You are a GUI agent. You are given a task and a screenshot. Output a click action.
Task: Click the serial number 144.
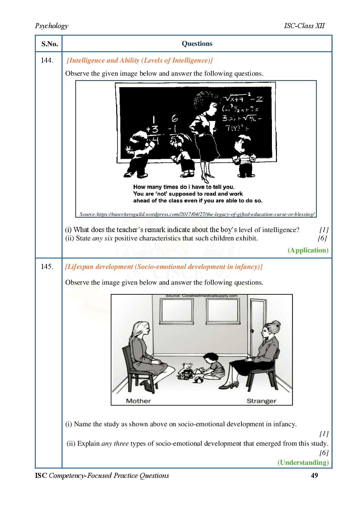tap(47, 60)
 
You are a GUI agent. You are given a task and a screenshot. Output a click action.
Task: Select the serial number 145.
tap(47, 267)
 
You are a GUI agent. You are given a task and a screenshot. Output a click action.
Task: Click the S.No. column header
tap(50, 44)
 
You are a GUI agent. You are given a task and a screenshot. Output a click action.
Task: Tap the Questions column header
tap(197, 44)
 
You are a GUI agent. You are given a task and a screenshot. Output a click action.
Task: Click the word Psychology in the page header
tap(52, 26)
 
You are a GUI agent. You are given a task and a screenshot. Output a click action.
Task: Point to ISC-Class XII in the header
tap(304, 26)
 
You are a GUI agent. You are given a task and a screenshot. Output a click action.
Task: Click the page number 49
tap(314, 476)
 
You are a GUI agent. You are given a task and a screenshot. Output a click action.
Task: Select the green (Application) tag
tap(308, 250)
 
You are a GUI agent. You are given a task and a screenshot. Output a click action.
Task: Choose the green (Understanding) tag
tap(303, 462)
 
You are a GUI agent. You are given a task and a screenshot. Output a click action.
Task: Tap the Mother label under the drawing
tap(138, 401)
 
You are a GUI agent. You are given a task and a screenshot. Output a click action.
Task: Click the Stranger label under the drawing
tap(261, 401)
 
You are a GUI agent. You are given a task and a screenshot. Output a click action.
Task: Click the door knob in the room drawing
tap(251, 331)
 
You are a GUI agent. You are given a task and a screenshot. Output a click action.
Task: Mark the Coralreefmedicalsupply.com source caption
tap(201, 296)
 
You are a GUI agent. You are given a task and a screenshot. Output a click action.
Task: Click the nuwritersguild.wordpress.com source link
tap(197, 214)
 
